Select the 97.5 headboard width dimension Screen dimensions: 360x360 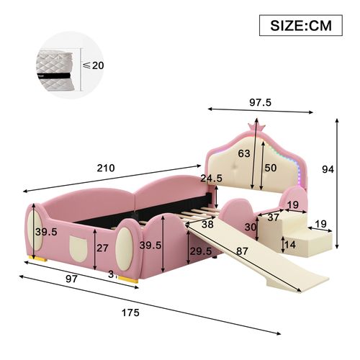click(261, 103)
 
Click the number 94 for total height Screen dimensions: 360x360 click(347, 169)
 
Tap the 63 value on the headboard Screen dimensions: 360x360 click(245, 153)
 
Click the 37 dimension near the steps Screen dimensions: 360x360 click(274, 217)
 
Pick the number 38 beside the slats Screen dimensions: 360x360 click(207, 224)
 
